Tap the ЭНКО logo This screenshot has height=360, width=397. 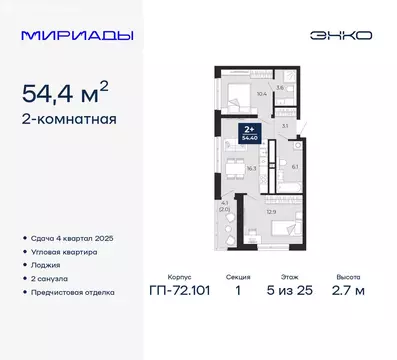[x=343, y=35]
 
